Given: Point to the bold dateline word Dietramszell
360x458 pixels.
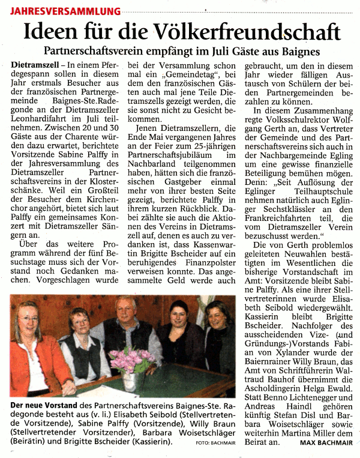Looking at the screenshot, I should [35, 64].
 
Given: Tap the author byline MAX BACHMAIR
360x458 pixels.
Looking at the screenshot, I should [327, 443].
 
